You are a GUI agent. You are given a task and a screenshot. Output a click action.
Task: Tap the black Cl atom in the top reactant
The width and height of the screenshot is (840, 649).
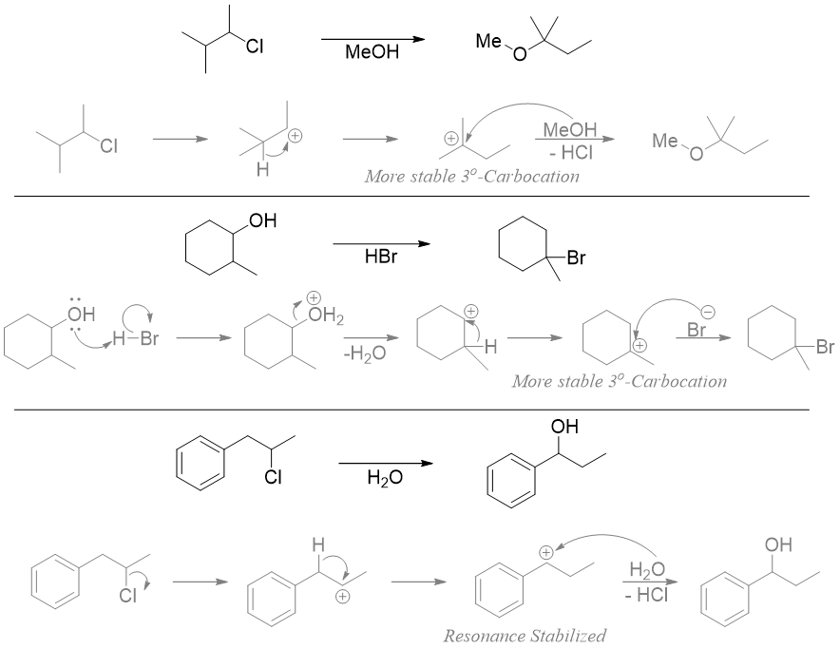coord(255,45)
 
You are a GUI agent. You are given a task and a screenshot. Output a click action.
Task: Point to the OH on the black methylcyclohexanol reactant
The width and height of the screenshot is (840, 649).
coord(261,222)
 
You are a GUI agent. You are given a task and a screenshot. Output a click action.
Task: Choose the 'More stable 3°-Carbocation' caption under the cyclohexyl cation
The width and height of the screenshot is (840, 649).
coord(619,382)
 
